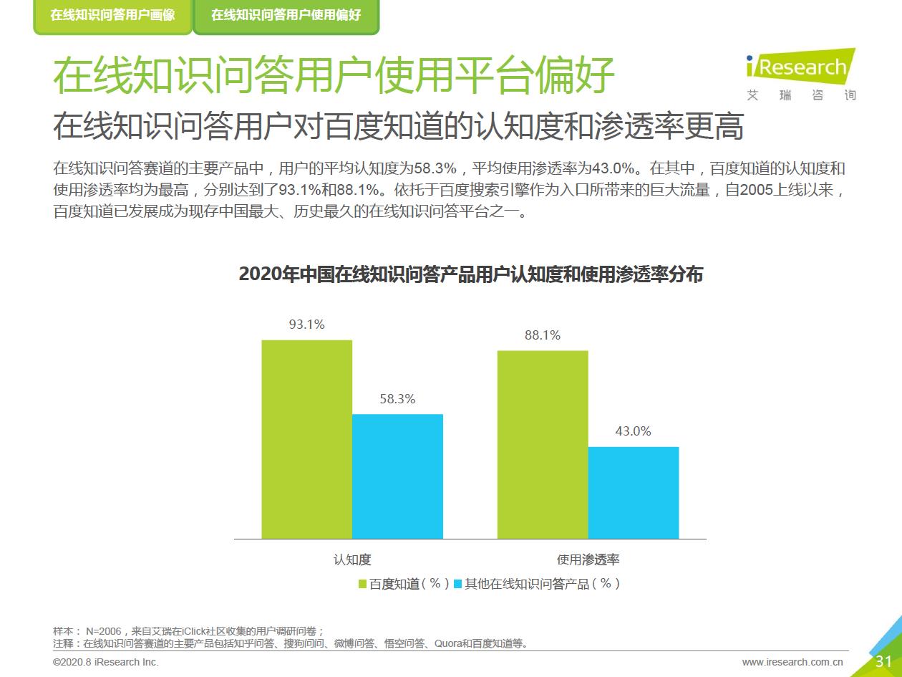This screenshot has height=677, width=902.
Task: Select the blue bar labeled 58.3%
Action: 397,476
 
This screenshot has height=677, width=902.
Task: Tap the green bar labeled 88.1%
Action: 543,444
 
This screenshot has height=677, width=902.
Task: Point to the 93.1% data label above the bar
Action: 306,325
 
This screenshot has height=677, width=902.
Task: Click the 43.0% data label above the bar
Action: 634,431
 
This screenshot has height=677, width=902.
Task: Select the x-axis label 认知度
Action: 352,560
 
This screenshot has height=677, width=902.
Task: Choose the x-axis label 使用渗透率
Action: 588,560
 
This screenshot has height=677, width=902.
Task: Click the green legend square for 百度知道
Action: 362,584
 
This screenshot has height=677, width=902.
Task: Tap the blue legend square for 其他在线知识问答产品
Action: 458,584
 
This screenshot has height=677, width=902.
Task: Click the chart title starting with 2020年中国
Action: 470,275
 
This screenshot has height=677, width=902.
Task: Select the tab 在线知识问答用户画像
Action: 112,15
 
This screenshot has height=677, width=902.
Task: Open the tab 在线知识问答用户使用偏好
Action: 286,15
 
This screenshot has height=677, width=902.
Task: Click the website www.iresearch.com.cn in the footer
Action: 792,662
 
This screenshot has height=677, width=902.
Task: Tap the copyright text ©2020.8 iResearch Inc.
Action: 106,662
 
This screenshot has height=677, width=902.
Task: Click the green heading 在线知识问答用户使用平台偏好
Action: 334,76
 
